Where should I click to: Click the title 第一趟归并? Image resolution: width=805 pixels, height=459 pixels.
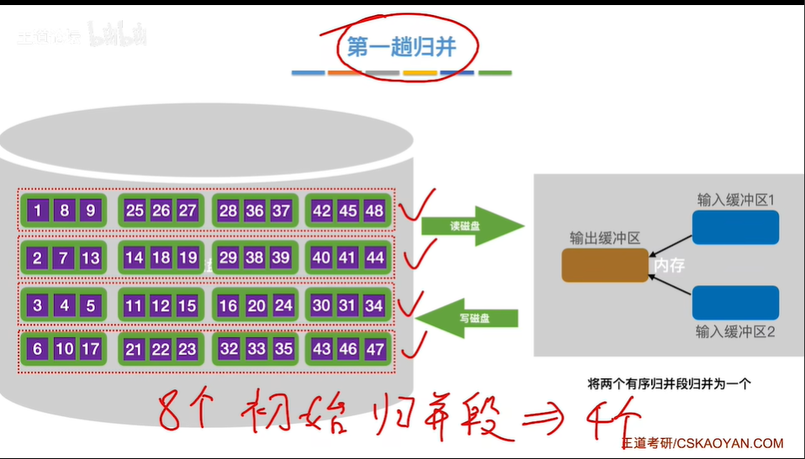[401, 49]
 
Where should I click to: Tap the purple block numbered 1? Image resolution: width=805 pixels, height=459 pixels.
[37, 211]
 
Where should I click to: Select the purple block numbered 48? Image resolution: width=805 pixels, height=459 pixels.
[374, 211]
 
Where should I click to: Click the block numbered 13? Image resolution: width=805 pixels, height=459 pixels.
[90, 258]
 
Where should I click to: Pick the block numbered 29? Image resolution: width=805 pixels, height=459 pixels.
[228, 258]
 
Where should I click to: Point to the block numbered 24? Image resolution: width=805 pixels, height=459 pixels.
[283, 306]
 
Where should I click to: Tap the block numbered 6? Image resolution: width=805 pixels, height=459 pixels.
[37, 348]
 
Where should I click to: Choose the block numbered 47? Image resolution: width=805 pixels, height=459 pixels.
[374, 348]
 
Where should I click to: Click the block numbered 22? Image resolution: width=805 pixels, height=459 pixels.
[161, 348]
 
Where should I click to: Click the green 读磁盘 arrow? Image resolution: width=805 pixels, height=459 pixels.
[471, 225]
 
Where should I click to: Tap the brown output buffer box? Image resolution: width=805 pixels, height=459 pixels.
[605, 265]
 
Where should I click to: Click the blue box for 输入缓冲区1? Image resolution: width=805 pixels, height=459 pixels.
[735, 227]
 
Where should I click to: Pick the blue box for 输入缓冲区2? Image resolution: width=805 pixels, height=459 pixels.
[735, 303]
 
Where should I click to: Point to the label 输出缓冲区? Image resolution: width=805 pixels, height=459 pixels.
[605, 238]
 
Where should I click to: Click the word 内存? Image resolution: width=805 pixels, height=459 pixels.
[669, 266]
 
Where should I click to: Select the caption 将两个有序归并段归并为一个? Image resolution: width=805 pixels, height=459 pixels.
[669, 383]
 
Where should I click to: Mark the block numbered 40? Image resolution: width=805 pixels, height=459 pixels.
[321, 258]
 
